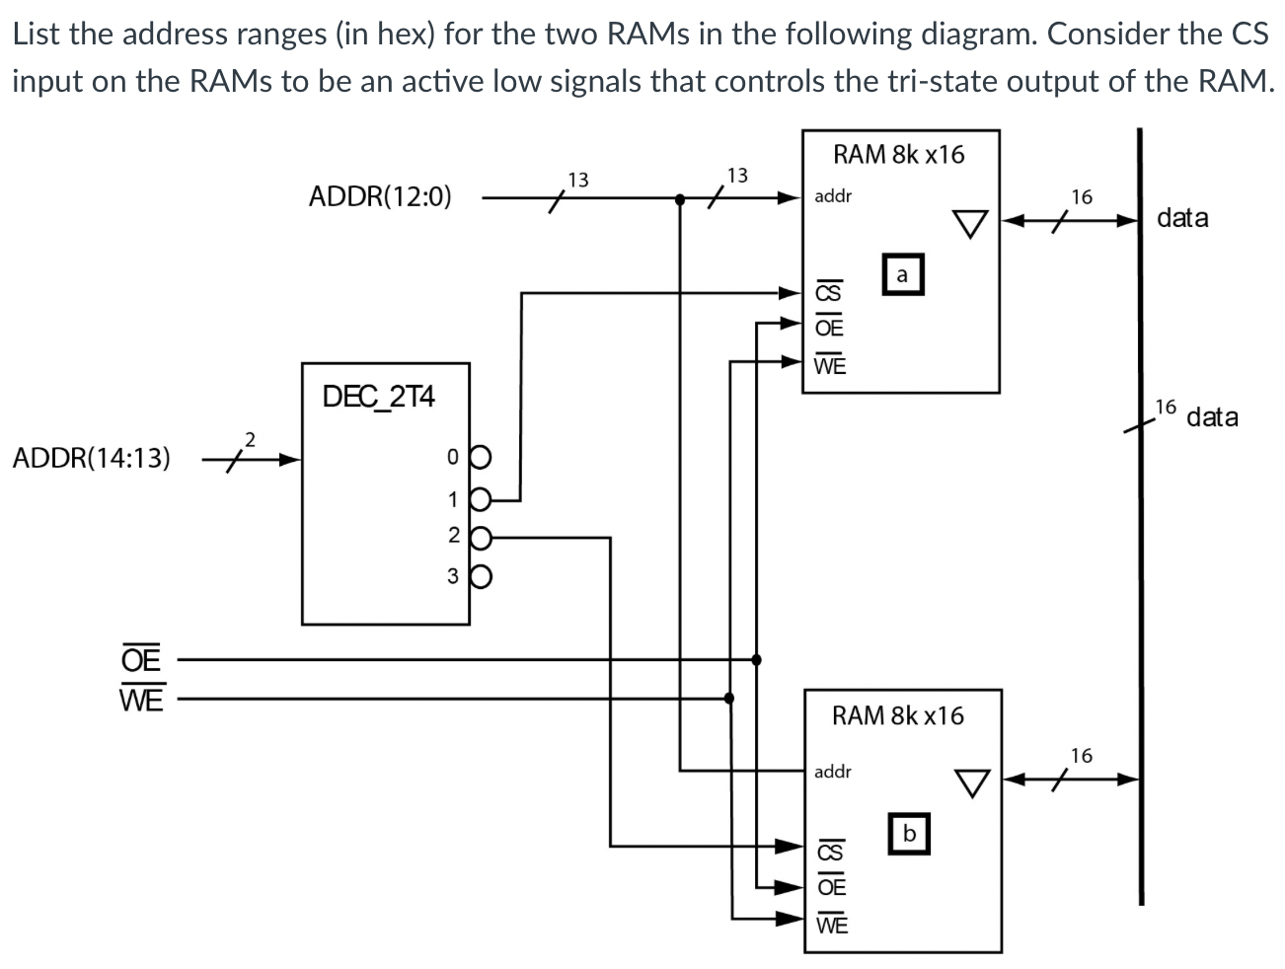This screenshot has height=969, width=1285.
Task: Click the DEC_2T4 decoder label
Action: pyautogui.click(x=379, y=397)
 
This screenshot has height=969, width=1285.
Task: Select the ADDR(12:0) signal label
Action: pyautogui.click(x=380, y=196)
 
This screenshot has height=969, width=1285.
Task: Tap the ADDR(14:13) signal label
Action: pyautogui.click(x=91, y=458)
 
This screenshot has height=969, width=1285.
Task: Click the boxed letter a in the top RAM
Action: pyautogui.click(x=902, y=275)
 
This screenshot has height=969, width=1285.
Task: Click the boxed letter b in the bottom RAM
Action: pyautogui.click(x=909, y=834)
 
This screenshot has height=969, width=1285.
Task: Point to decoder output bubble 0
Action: pyautogui.click(x=481, y=458)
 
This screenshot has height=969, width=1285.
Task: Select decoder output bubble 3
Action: pyautogui.click(x=481, y=576)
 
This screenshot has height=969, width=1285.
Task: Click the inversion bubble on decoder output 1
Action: pyautogui.click(x=481, y=498)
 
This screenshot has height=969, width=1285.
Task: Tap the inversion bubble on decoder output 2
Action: pyautogui.click(x=481, y=538)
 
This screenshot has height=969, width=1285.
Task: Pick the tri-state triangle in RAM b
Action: pyautogui.click(x=971, y=783)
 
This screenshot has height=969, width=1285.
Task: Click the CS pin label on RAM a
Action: pyautogui.click(x=827, y=293)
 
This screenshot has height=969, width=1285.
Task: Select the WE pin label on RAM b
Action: pyautogui.click(x=830, y=925)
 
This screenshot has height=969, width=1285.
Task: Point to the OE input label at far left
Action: pyautogui.click(x=141, y=658)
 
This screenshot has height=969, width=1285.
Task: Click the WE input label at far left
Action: pyautogui.click(x=141, y=699)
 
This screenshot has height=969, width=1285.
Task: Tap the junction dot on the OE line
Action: pyautogui.click(x=756, y=659)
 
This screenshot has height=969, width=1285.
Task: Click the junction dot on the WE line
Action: pyautogui.click(x=729, y=699)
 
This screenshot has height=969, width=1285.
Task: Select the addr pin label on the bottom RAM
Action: pyautogui.click(x=832, y=771)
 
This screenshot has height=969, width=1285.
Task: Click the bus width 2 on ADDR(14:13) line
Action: pyautogui.click(x=250, y=438)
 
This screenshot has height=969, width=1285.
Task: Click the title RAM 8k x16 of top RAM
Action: pyautogui.click(x=898, y=154)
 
